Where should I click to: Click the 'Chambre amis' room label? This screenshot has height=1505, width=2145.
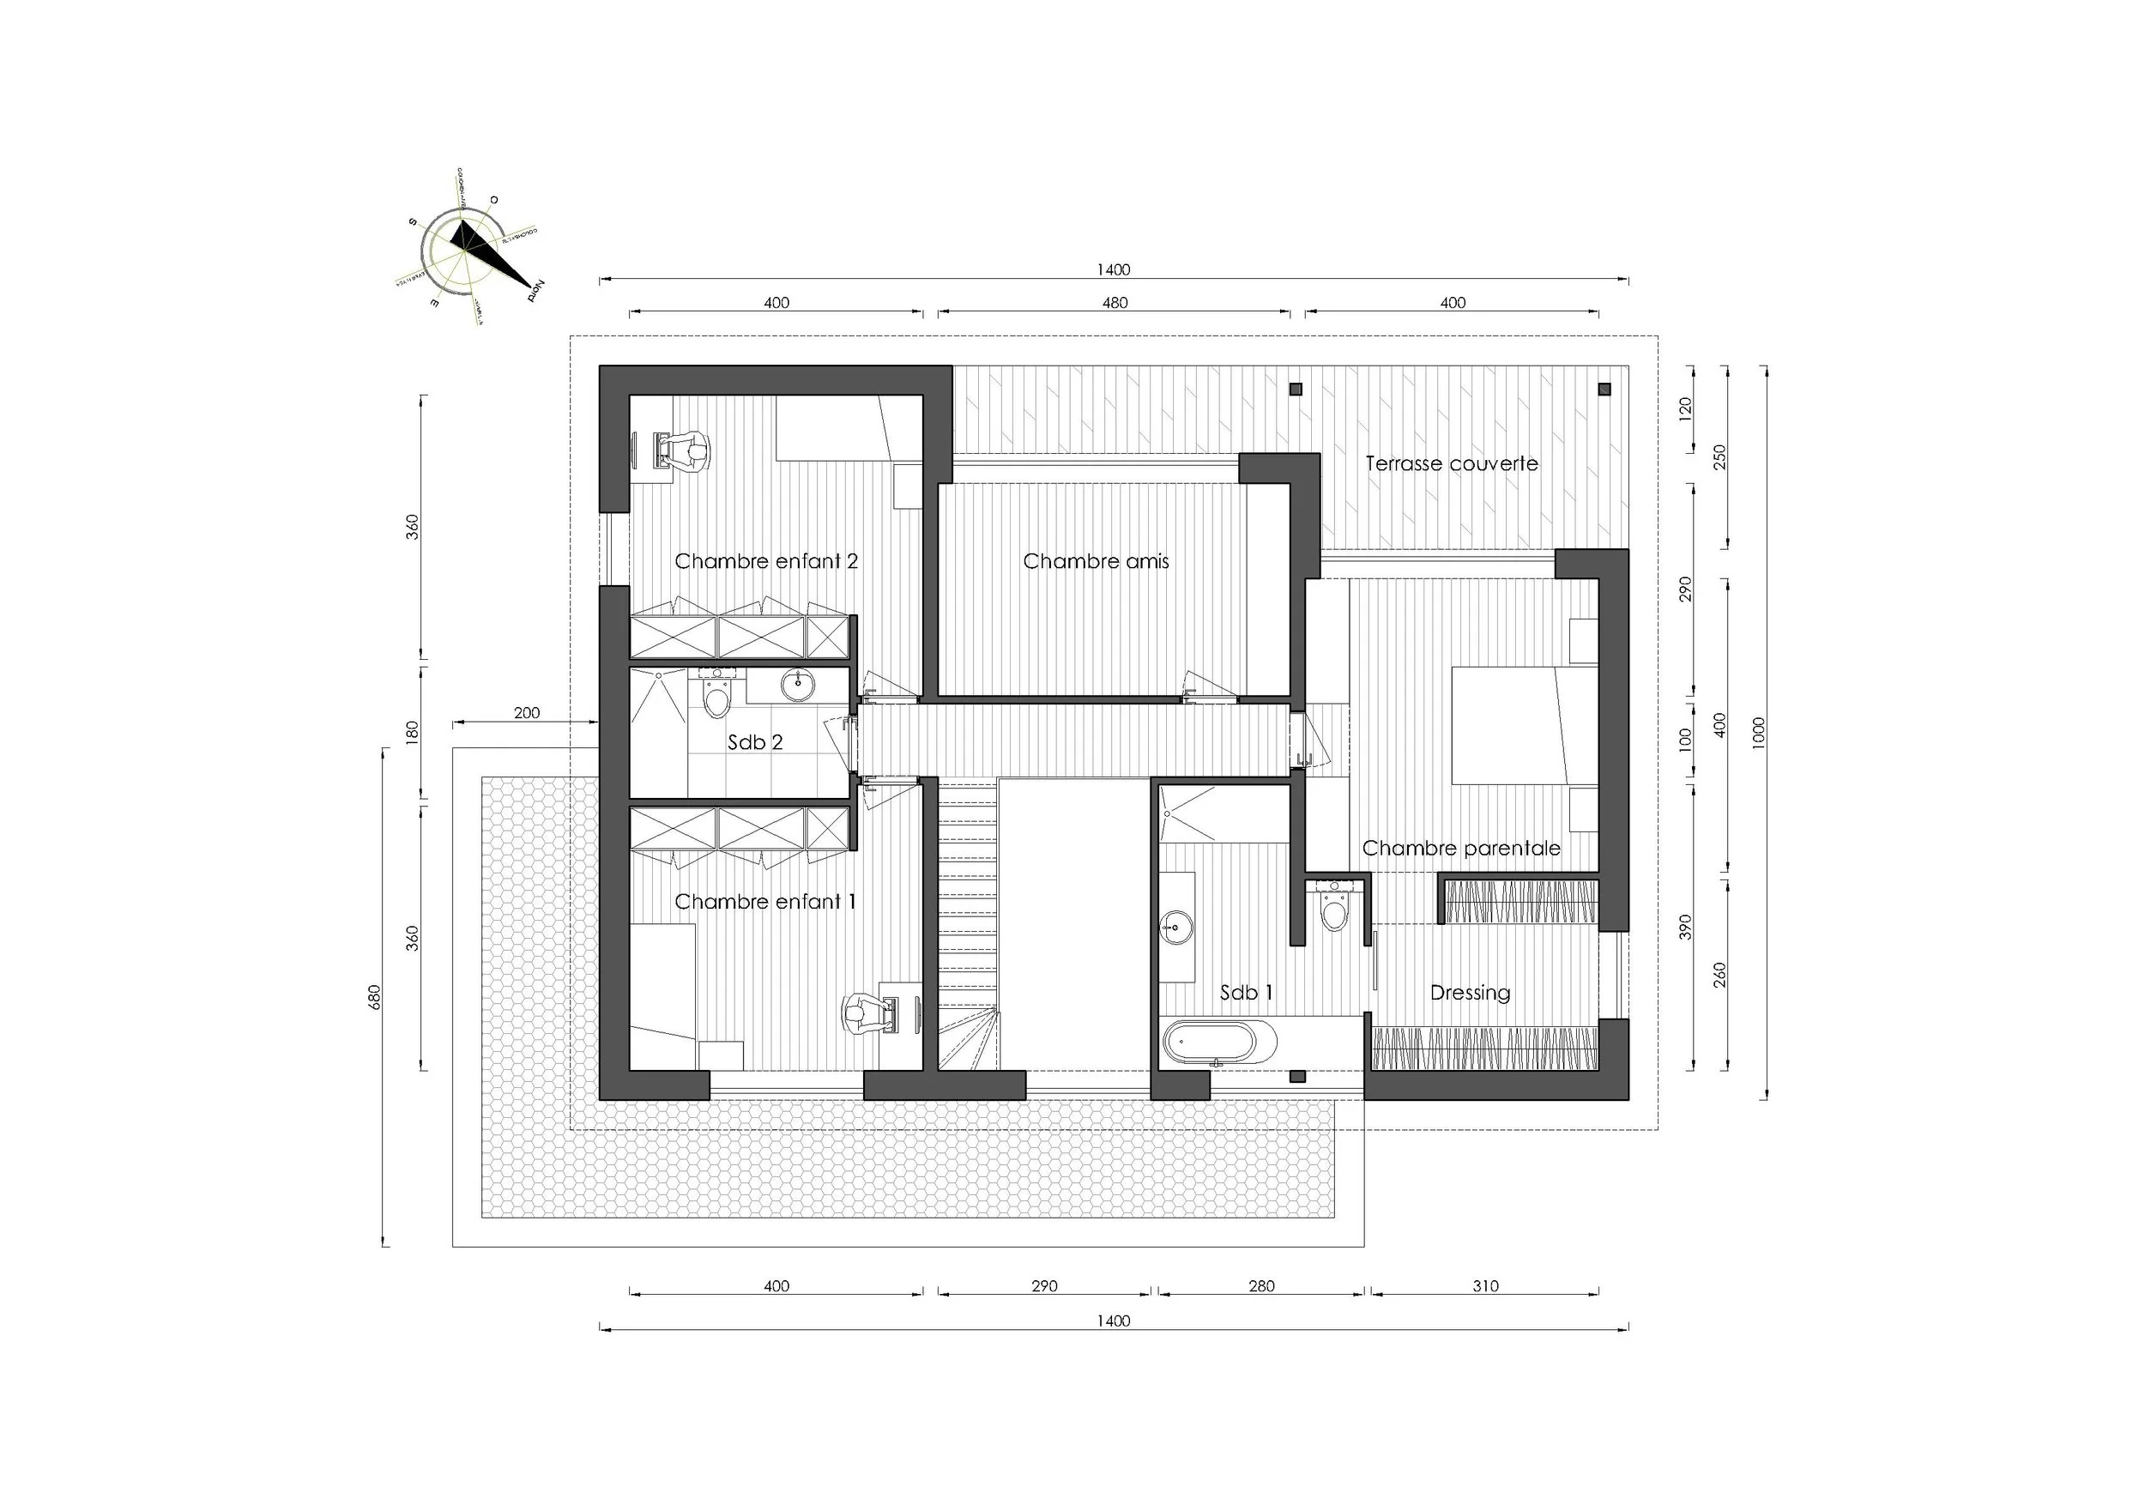(1095, 561)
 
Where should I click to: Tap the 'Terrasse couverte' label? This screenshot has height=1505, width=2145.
(1451, 463)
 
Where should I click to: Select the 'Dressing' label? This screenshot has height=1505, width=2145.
(1470, 992)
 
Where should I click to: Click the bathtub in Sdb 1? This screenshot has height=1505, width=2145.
(1219, 1042)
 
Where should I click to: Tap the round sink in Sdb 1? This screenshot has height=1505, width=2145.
(1175, 928)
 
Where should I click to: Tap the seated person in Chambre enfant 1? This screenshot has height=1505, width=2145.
(858, 1012)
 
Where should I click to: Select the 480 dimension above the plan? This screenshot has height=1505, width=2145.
(1115, 303)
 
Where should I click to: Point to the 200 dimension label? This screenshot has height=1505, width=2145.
(526, 713)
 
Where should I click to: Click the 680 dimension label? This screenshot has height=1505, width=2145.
(375, 997)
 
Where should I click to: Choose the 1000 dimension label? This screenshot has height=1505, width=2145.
(1758, 734)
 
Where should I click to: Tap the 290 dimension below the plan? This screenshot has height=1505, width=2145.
(1043, 1285)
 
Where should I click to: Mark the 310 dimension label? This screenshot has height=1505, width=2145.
(1484, 1285)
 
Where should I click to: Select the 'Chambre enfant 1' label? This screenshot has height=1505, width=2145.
(764, 902)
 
